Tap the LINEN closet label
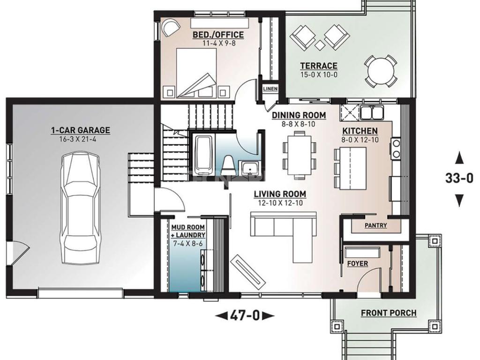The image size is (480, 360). (x=270, y=89)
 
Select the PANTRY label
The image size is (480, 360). (x=376, y=225)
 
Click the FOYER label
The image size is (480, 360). (x=358, y=263)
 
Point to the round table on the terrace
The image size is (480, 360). (x=381, y=71)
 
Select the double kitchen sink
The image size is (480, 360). (x=372, y=112)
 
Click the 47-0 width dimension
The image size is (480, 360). (x=245, y=315)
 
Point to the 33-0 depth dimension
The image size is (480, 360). (x=459, y=178)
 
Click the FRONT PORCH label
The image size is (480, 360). (x=389, y=313)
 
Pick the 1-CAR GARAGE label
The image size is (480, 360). (x=81, y=130)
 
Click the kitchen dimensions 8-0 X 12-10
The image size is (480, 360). (x=360, y=140)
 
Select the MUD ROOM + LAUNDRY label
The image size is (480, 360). (x=188, y=231)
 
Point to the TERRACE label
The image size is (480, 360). (x=319, y=66)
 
